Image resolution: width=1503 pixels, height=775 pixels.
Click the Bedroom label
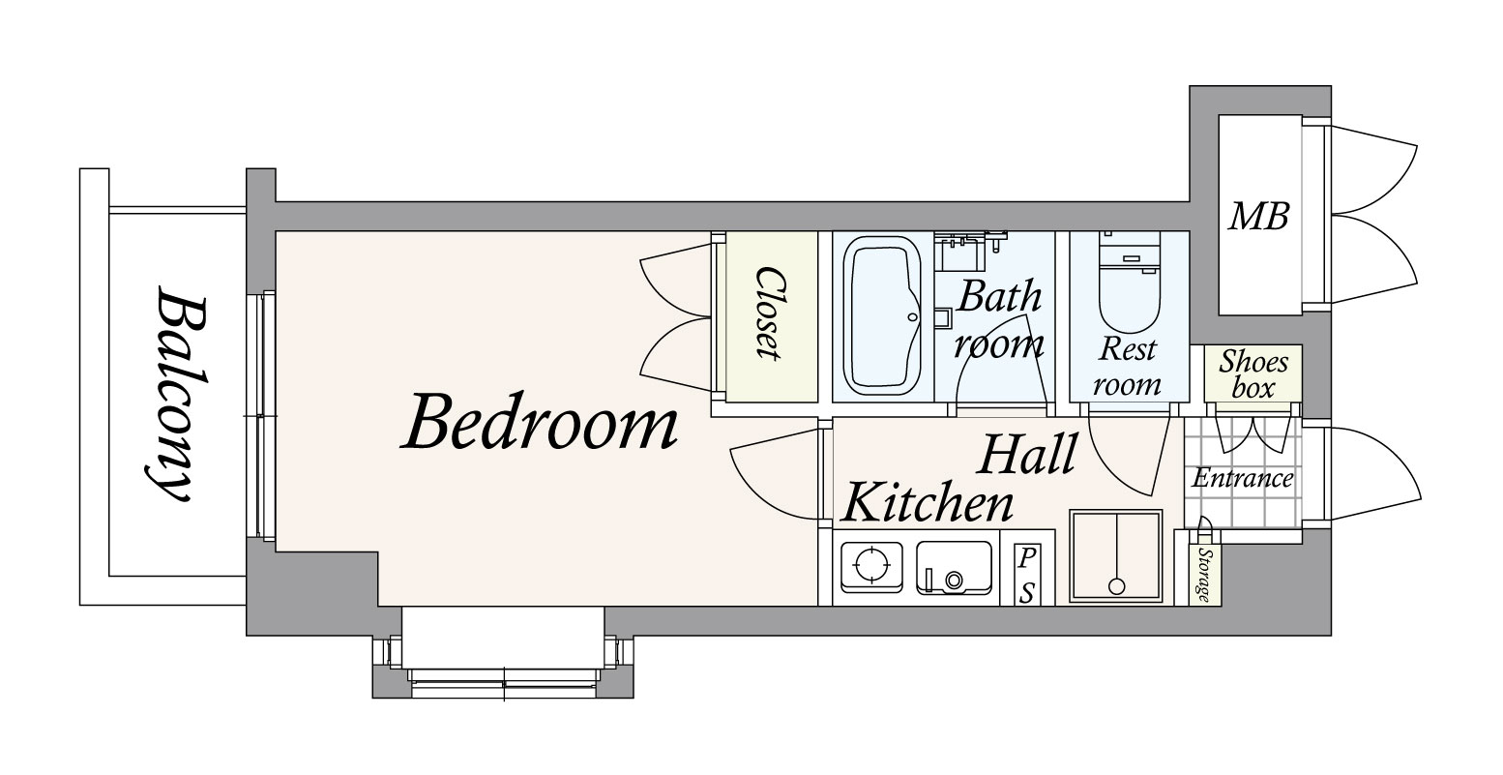540,422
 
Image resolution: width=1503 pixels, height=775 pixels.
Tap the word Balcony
176,394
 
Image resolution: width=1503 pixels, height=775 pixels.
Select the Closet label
769,313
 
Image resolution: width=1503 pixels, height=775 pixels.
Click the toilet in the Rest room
1129,282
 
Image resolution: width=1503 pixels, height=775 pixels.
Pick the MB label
1258,217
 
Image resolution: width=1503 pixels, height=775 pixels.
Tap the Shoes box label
1252,374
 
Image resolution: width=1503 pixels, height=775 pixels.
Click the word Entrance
1243,478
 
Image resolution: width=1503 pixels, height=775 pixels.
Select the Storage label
1204,575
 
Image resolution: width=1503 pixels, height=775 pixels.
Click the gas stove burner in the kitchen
870,565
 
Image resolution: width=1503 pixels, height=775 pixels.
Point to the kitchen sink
954,568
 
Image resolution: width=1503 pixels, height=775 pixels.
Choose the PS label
1026,575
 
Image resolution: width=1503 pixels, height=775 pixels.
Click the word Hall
1027,455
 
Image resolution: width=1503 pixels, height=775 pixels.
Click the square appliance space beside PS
1115,556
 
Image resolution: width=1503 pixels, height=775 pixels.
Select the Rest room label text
1128,367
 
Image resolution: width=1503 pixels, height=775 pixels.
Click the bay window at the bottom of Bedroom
503,652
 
